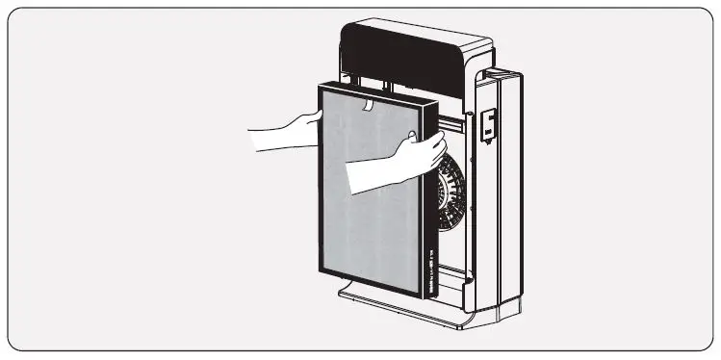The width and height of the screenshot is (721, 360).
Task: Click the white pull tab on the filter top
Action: [x=367, y=101]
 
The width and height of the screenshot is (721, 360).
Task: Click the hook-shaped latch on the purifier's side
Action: [x=489, y=123]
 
